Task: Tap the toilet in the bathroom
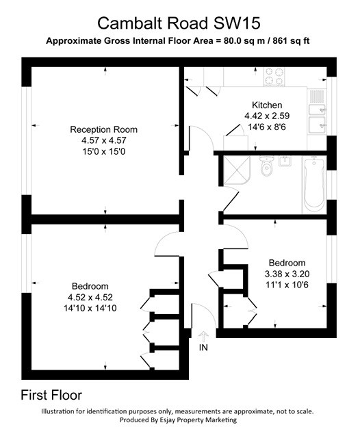pos(268,168)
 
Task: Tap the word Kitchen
pos(267,105)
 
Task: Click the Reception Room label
pos(104,129)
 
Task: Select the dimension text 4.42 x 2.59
pos(267,117)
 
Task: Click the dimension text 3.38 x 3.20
pos(287,274)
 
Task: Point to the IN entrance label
pos(203,348)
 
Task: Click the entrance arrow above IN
pos(203,336)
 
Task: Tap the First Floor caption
pos(51,395)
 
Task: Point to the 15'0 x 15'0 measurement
pos(104,151)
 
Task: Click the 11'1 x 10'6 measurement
pos(287,285)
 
